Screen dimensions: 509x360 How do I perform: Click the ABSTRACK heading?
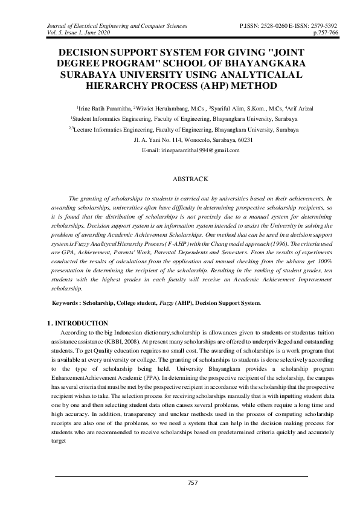coord(191,179)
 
